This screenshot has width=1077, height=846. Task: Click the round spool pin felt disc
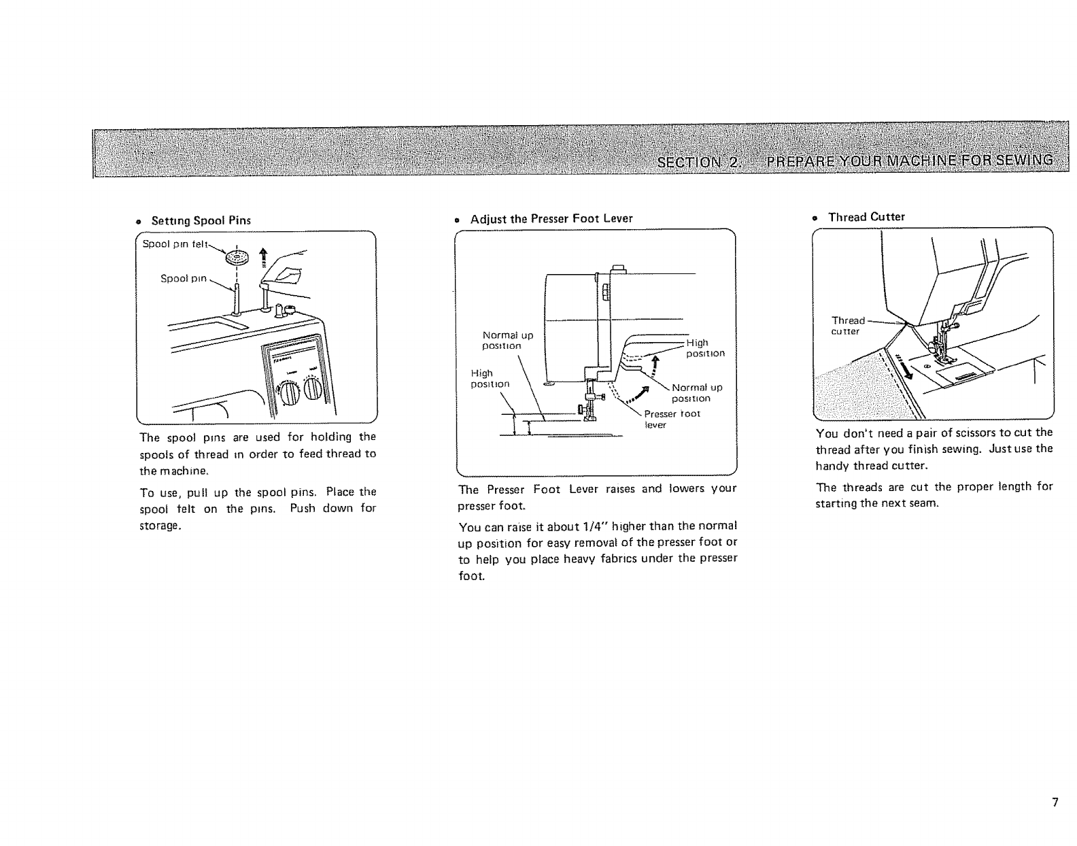238,258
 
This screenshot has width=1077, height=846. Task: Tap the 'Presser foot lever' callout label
671,419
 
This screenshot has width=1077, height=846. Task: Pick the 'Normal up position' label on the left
507,340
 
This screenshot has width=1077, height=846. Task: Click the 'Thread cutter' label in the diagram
847,326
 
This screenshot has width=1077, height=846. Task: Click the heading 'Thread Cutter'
866,217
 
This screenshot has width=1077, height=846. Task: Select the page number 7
1055,802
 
